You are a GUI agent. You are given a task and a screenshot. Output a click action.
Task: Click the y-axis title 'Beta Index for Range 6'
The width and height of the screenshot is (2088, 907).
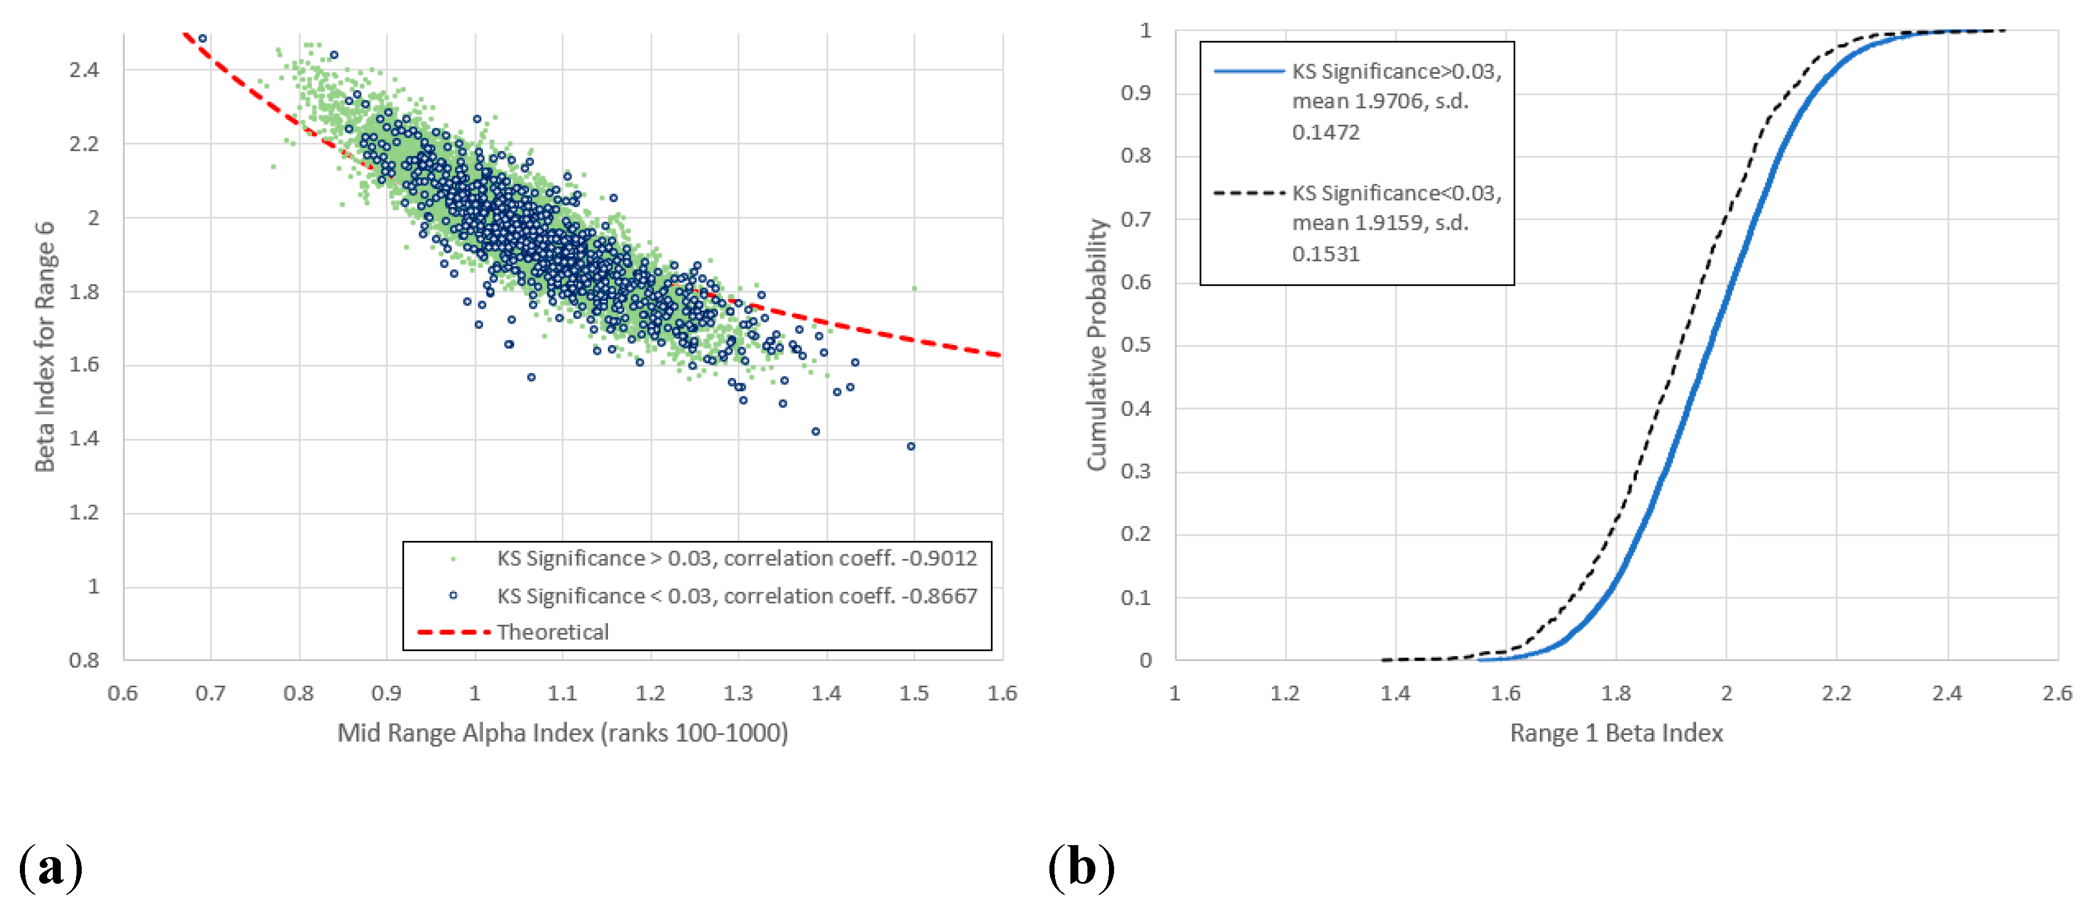point(45,346)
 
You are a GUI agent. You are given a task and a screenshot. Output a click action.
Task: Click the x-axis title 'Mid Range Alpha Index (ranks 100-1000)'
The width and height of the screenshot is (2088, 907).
point(562,733)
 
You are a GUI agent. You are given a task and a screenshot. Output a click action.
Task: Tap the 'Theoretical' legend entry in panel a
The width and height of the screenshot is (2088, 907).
point(552,632)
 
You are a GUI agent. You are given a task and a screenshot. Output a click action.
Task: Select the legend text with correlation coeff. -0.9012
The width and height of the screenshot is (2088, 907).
point(736,559)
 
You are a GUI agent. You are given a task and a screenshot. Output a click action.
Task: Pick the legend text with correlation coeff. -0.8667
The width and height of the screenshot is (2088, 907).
point(736,596)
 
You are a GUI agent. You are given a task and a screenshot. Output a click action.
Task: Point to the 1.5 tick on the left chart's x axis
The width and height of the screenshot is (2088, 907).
point(914,694)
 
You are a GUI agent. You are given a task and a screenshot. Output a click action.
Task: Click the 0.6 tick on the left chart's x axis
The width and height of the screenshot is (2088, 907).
point(123,694)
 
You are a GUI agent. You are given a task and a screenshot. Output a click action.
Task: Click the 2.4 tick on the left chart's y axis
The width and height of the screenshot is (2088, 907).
point(85,70)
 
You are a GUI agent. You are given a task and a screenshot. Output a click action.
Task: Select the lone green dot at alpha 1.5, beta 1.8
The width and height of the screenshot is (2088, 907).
point(914,288)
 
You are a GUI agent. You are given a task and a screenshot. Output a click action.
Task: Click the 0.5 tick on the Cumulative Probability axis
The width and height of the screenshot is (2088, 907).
point(1136,345)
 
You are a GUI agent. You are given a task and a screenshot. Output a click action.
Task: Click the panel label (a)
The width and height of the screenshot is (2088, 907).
point(51,868)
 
